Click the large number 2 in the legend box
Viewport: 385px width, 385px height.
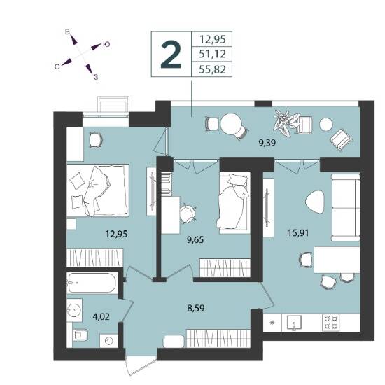click(x=171, y=55)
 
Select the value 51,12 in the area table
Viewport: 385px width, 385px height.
click(x=212, y=54)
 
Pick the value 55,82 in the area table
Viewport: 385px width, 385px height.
click(x=212, y=70)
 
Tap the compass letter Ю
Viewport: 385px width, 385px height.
click(x=106, y=44)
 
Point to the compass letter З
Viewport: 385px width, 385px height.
click(x=96, y=77)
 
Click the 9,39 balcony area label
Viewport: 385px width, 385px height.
click(x=267, y=142)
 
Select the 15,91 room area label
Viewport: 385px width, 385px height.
click(x=298, y=232)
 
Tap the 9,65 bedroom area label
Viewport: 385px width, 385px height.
click(x=195, y=239)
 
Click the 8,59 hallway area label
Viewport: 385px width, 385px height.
click(x=196, y=308)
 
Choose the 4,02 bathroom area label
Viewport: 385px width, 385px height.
click(x=101, y=316)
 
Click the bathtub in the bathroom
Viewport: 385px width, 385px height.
click(x=91, y=283)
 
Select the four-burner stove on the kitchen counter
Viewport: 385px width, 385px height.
click(x=330, y=323)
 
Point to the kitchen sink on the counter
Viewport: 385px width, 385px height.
click(x=294, y=323)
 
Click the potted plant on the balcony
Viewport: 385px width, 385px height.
click(x=286, y=122)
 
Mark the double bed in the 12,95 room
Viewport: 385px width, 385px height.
click(x=98, y=190)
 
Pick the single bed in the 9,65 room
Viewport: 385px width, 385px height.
click(x=234, y=202)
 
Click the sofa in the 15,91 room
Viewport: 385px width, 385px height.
click(x=346, y=207)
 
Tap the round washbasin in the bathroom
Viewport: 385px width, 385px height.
click(x=74, y=310)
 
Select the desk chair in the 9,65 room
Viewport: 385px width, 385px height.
click(x=188, y=213)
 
